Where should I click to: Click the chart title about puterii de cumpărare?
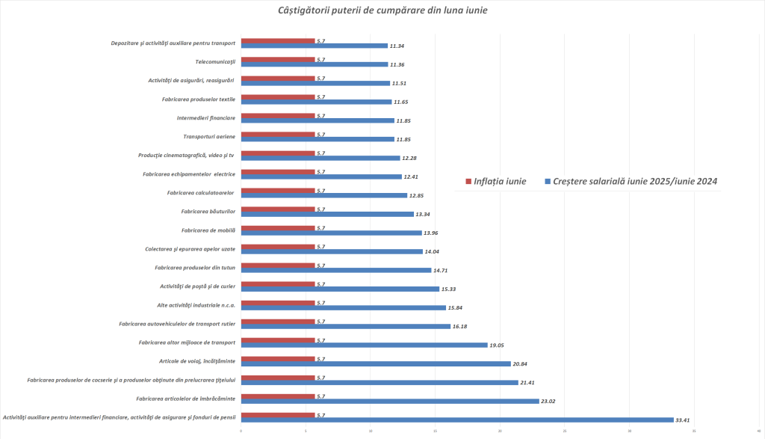pyautogui.click(x=382, y=11)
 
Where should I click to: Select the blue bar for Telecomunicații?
pyautogui.click(x=315, y=64)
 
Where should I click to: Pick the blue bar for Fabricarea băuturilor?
pyautogui.click(x=327, y=214)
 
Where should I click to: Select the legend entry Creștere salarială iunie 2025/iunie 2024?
pyautogui.click(x=635, y=181)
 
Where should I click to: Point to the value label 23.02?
pyautogui.click(x=548, y=401)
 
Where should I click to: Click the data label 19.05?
pyautogui.click(x=496, y=345)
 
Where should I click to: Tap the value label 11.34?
pyautogui.click(x=397, y=46)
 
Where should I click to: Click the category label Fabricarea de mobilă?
pyautogui.click(x=208, y=230)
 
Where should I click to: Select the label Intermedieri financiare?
pyautogui.click(x=206, y=118)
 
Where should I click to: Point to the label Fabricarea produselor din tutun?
pyautogui.click(x=195, y=268)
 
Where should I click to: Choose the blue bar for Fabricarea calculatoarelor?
pyautogui.click(x=324, y=195)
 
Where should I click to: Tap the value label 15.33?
pyautogui.click(x=448, y=289)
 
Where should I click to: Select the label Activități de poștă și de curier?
pyautogui.click(x=198, y=286)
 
